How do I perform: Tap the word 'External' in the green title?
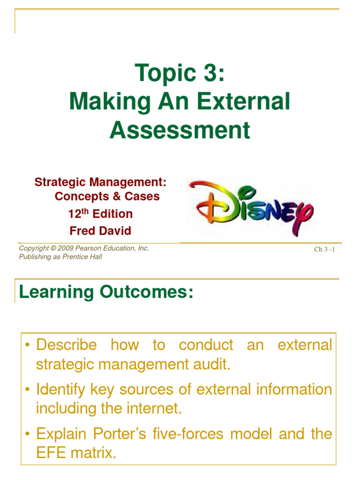pyautogui.click(x=247, y=102)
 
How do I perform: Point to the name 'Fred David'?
pyautogui.click(x=100, y=231)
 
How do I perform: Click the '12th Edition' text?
pyautogui.click(x=100, y=214)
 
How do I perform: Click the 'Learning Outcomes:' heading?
pyautogui.click(x=105, y=292)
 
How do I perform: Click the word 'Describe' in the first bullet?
pyautogui.click(x=67, y=345)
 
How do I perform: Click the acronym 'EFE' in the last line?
pyautogui.click(x=51, y=452)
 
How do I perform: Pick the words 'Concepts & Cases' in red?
pyautogui.click(x=107, y=196)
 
